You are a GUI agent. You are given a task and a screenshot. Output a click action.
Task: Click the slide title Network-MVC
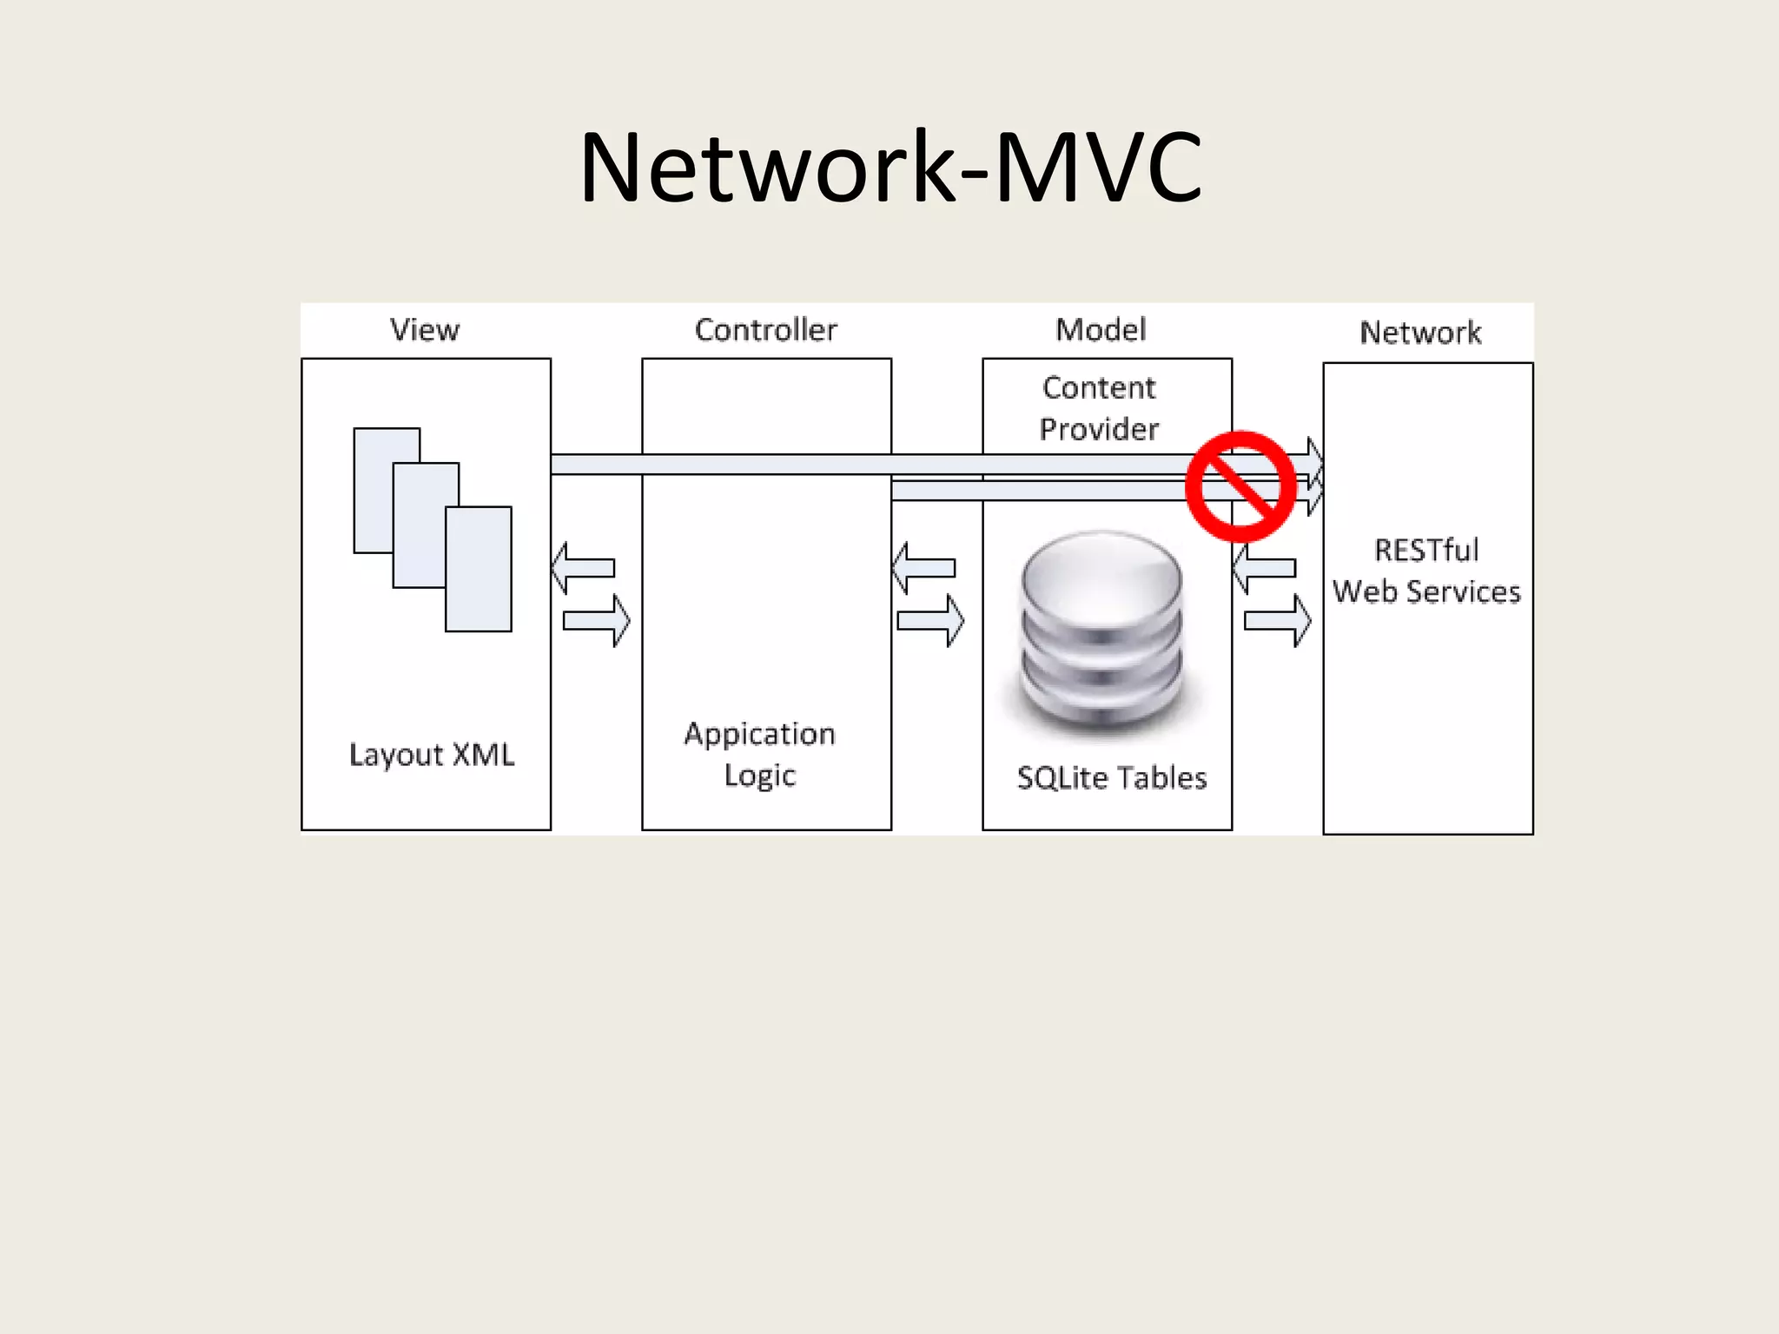pos(890,167)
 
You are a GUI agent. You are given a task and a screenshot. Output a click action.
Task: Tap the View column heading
pos(425,330)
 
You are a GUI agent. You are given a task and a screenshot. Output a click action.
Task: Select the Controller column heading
pos(765,330)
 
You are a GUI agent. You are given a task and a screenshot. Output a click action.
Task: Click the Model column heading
pos(1101,330)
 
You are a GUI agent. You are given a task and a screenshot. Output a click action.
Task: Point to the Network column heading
pos(1420,333)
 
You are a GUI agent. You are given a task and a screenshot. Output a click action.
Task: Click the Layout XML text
pos(432,755)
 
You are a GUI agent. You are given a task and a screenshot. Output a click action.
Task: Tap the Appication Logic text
pos(760,754)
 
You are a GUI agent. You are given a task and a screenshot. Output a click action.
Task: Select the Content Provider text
pos(1099,408)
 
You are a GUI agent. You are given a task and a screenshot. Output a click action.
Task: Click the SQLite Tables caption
pos(1112,777)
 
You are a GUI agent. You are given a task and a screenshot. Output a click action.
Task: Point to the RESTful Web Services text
pos(1426,571)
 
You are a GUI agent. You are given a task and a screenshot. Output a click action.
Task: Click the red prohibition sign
pos(1240,486)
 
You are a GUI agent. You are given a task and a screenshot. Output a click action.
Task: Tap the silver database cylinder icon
pos(1102,630)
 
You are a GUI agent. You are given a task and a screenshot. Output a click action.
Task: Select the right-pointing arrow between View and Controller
pos(598,620)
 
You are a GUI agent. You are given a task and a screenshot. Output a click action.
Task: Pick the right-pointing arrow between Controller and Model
pos(931,620)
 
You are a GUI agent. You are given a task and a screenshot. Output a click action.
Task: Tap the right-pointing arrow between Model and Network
pos(1278,620)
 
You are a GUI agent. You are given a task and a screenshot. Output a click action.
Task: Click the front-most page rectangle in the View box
pos(479,569)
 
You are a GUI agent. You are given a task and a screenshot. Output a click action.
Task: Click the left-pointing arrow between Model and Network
pos(1266,569)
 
